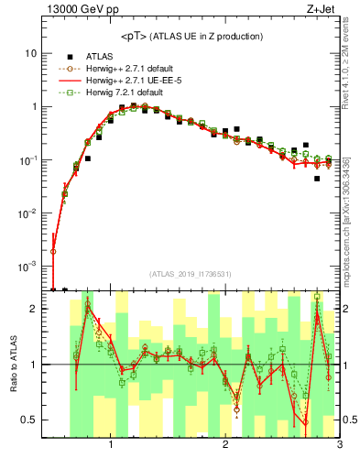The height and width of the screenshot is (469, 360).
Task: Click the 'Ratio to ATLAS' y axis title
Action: [13, 365]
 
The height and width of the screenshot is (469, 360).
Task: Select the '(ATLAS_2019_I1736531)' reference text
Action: [191, 275]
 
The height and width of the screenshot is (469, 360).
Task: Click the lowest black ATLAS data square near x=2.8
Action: [317, 179]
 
